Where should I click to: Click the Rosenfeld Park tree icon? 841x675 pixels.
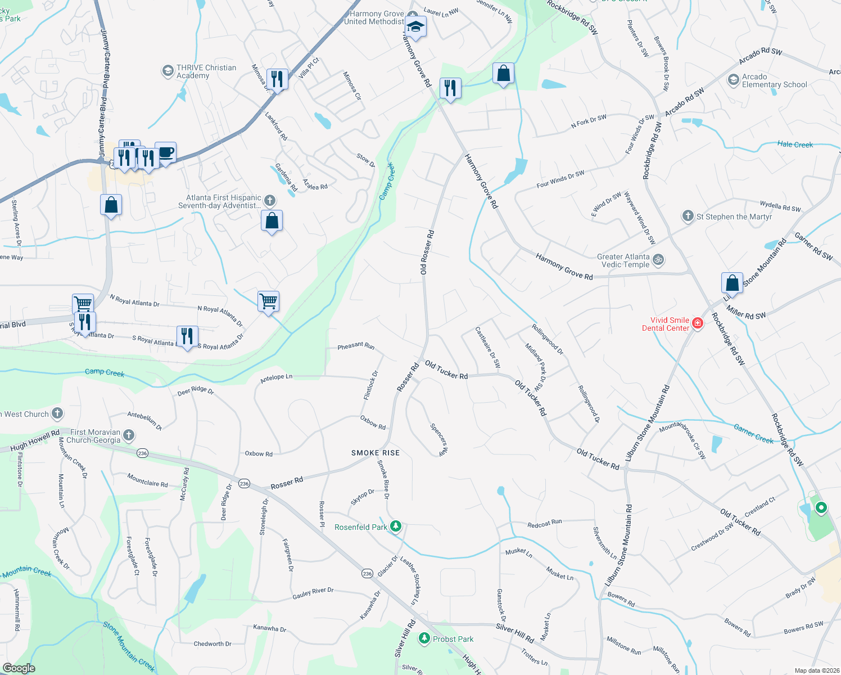[396, 526]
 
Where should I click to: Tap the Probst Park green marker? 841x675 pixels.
[424, 639]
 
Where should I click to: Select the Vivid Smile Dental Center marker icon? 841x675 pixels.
[698, 323]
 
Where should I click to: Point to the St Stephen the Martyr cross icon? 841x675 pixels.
[688, 216]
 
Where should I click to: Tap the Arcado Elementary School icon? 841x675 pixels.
[733, 80]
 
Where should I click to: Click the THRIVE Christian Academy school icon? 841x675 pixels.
[168, 71]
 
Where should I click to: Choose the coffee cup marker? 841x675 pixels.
[166, 152]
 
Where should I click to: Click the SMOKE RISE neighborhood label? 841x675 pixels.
[376, 453]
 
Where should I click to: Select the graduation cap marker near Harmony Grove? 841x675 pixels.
[415, 26]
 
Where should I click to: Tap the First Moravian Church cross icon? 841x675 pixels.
[129, 435]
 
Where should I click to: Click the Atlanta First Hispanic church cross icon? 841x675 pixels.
[270, 201]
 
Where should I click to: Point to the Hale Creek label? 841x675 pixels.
[795, 145]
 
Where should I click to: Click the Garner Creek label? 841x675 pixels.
[753, 433]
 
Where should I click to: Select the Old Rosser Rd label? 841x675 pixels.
[427, 252]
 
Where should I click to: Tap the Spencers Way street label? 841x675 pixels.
[440, 439]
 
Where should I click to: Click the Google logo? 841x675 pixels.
[19, 668]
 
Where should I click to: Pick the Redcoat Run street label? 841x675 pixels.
[545, 524]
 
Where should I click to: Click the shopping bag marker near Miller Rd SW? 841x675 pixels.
[732, 282]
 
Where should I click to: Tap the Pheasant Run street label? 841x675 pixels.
[356, 346]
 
